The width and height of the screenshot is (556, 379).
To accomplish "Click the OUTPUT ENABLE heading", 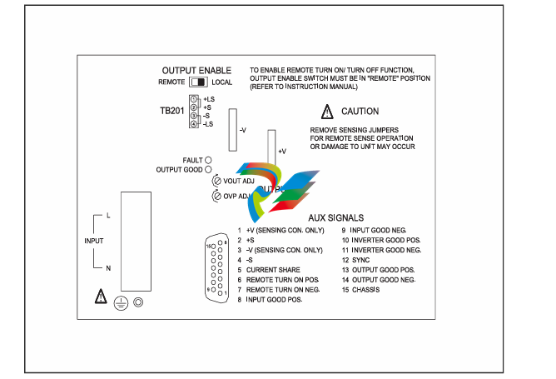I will pyautogui.click(x=196, y=70).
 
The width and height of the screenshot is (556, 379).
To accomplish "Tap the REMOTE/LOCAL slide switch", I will pyautogui.click(x=198, y=82).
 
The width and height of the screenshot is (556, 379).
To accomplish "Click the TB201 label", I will pyautogui.click(x=172, y=110).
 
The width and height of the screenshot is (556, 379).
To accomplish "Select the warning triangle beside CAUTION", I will pyautogui.click(x=327, y=112).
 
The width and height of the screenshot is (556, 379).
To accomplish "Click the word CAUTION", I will pyautogui.click(x=360, y=112).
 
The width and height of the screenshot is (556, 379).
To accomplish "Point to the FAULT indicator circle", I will pyautogui.click(x=208, y=158).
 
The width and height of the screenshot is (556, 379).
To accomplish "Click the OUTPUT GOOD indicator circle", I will pyautogui.click(x=208, y=169).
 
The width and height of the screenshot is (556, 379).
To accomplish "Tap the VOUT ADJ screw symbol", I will pyautogui.click(x=216, y=181).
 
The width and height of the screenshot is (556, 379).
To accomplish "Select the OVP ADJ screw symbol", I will pyautogui.click(x=216, y=197).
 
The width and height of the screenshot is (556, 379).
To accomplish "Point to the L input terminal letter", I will pyautogui.click(x=107, y=216).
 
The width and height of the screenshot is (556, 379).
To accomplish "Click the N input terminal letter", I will pyautogui.click(x=107, y=267).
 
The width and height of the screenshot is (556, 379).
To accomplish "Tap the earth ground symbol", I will pyautogui.click(x=122, y=303).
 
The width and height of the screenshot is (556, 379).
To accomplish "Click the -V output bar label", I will pyautogui.click(x=242, y=131).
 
